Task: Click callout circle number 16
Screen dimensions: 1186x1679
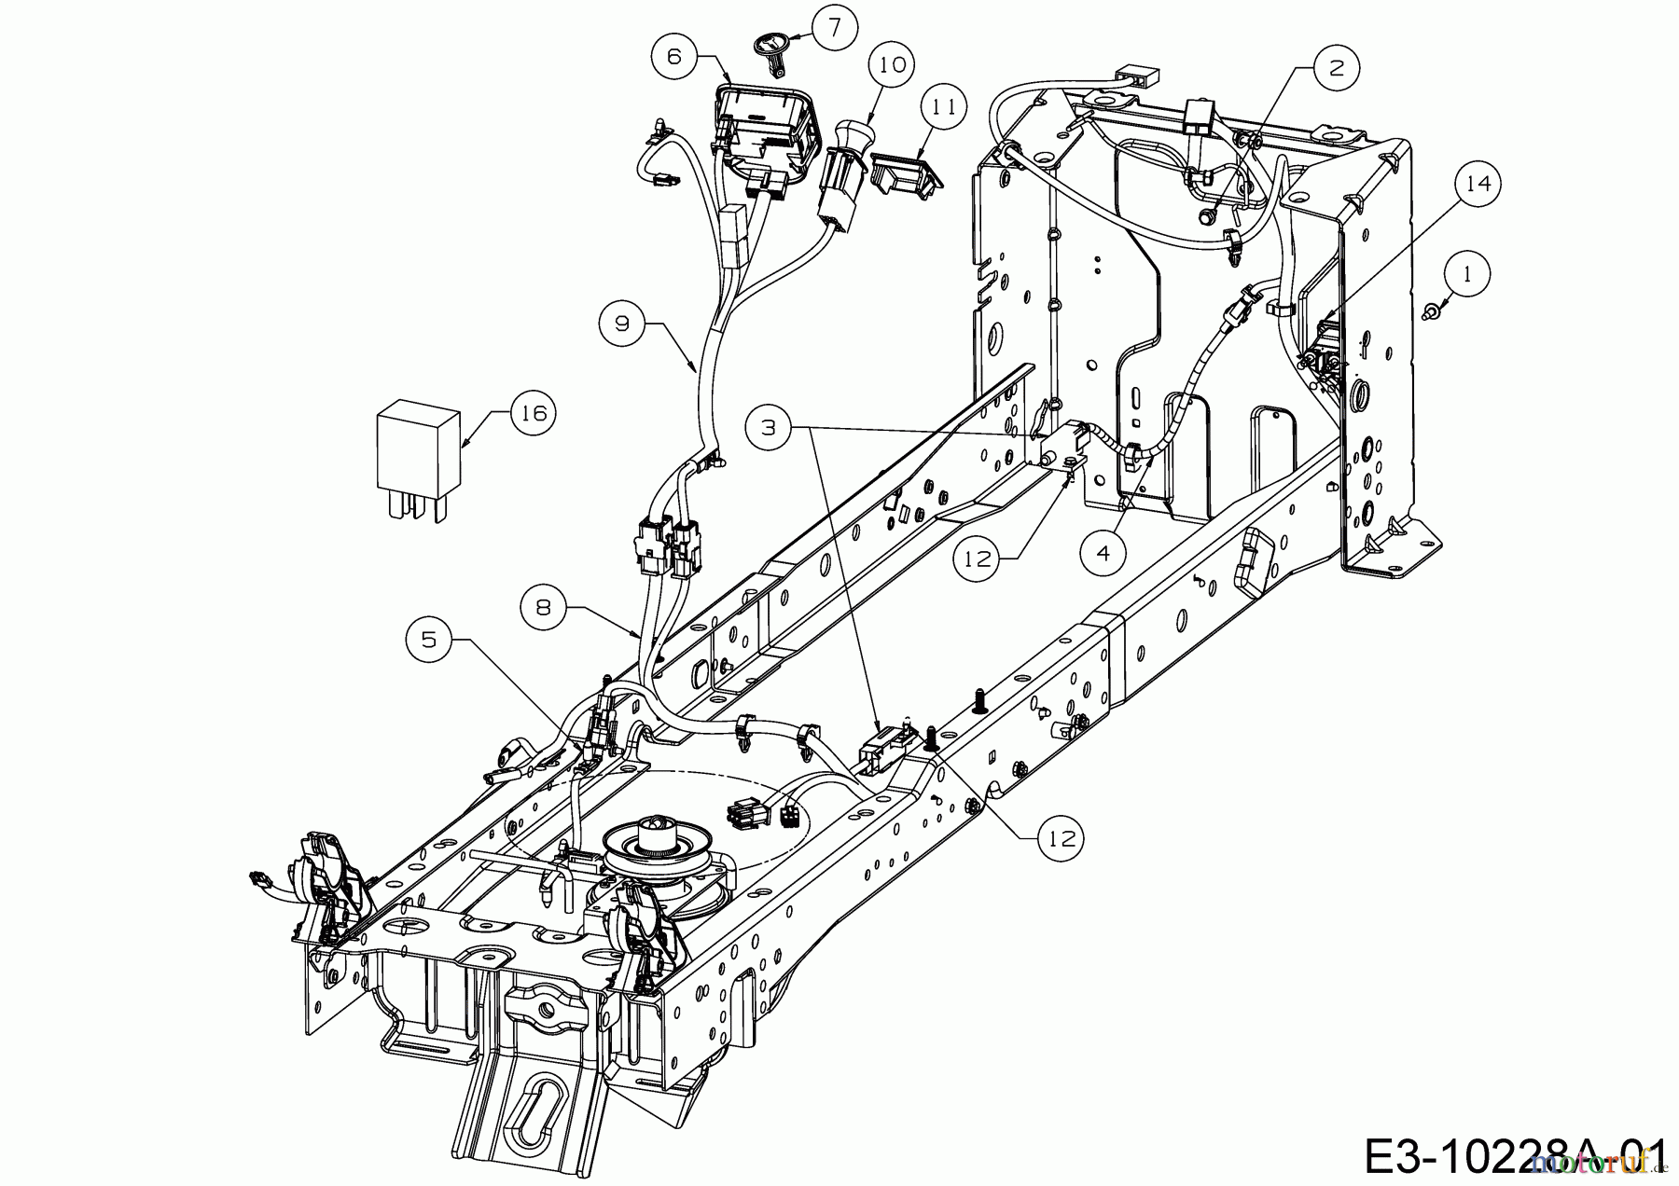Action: [532, 411]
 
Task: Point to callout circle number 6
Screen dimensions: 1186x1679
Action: [675, 56]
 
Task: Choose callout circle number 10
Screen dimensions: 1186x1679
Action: [893, 64]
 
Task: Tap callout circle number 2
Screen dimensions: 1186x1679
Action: [1337, 67]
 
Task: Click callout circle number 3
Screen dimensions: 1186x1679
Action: [769, 427]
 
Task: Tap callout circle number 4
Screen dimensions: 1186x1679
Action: [1103, 553]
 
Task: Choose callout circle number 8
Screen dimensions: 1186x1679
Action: [544, 607]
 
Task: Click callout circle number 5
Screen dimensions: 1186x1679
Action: [429, 639]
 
